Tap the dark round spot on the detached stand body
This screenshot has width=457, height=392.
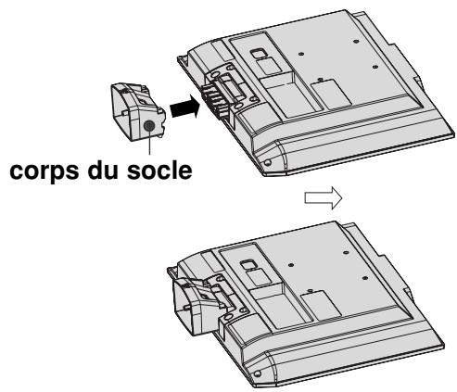149,124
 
